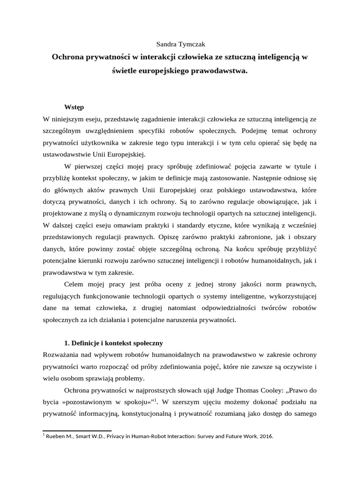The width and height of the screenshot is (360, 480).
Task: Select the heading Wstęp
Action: tap(74, 107)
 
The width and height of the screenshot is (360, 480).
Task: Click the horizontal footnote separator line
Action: tap(77, 430)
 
